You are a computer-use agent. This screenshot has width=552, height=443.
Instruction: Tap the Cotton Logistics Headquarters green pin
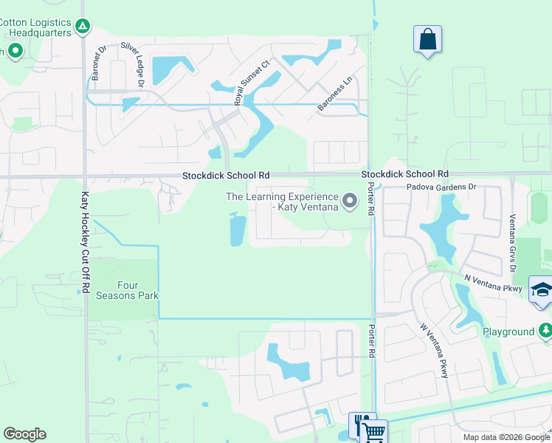(83, 28)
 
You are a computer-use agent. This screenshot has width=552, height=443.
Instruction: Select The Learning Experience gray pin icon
(350, 200)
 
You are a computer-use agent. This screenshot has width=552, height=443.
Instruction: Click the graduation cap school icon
(542, 290)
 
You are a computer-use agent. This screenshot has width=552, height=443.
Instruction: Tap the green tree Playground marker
(545, 330)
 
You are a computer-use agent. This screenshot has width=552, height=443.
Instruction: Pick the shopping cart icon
(375, 432)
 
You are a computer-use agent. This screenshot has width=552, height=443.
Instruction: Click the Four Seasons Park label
(128, 290)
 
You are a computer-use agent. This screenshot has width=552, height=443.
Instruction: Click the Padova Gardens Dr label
(441, 188)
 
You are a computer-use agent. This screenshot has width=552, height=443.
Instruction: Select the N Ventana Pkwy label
(493, 283)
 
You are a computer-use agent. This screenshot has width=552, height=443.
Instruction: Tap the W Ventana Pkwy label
(434, 351)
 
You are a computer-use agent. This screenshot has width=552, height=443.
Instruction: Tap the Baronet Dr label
(99, 63)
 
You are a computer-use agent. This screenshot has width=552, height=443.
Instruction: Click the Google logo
(24, 434)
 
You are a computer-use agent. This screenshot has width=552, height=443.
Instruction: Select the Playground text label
(508, 332)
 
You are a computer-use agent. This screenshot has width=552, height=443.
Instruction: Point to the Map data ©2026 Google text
(506, 437)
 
